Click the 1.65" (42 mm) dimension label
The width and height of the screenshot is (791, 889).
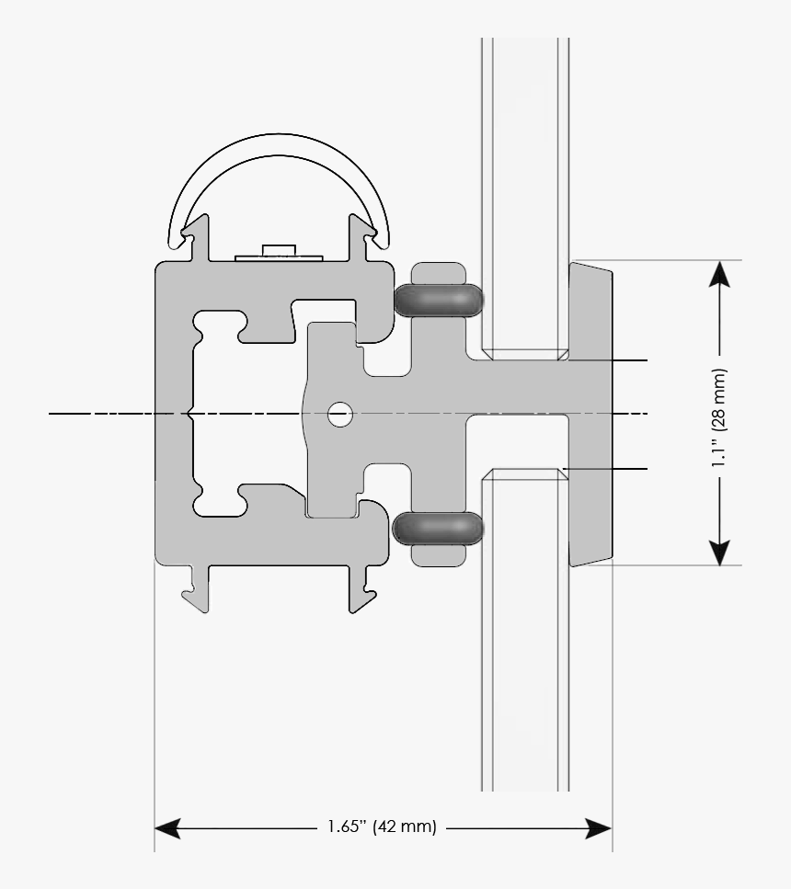point(382,827)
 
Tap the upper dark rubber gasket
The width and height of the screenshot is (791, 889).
point(438,300)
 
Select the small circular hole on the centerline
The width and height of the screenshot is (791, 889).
point(340,415)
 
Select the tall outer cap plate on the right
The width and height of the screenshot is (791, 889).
point(592,414)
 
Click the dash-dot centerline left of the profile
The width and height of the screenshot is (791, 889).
point(101,415)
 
